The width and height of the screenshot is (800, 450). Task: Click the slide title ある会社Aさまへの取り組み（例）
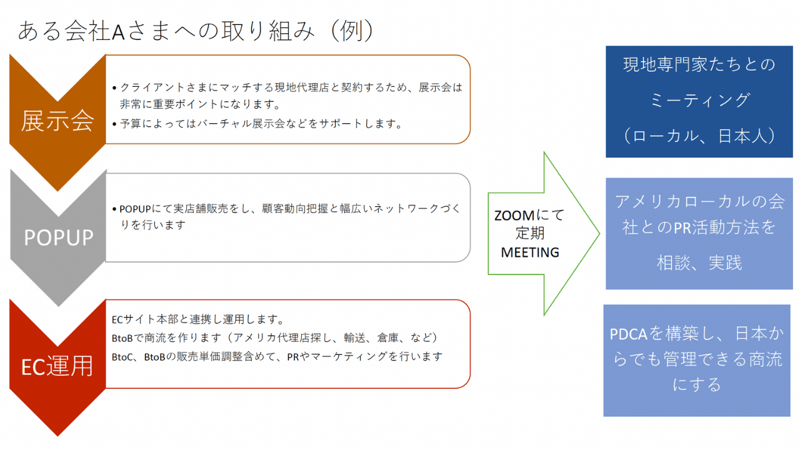(x=196, y=31)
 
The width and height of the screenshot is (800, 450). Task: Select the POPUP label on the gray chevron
(x=58, y=237)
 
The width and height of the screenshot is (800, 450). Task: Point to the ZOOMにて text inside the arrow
(x=529, y=216)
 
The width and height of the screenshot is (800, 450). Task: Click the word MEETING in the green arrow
(x=529, y=252)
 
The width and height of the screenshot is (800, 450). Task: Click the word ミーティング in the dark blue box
(x=699, y=100)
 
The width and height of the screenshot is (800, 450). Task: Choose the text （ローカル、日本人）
(x=699, y=136)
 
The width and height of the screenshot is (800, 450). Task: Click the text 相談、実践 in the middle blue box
(x=699, y=263)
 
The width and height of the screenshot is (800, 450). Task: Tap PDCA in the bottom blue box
(x=628, y=334)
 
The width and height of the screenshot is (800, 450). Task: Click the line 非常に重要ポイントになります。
(x=200, y=104)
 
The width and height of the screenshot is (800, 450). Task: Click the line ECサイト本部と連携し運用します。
(x=198, y=319)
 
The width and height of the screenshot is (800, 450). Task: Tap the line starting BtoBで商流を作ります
(x=275, y=338)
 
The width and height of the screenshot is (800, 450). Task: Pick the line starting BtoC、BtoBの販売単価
(x=277, y=357)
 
